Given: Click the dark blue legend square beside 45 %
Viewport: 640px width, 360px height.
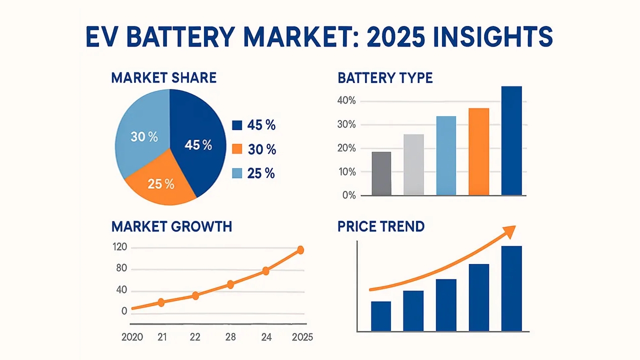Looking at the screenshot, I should click(237, 125).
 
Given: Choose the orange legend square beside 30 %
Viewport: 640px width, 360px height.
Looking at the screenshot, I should click(237, 149).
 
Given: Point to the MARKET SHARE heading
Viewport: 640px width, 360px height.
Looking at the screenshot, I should click(163, 78).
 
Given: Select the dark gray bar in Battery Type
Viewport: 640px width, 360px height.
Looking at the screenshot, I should click(381, 173).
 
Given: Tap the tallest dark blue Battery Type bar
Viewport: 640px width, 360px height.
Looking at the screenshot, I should click(511, 140).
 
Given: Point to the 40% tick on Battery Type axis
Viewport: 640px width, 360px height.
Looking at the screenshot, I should click(345, 101).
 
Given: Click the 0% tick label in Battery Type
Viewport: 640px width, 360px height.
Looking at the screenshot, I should click(348, 195).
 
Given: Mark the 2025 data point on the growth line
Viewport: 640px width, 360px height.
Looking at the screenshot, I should click(300, 250).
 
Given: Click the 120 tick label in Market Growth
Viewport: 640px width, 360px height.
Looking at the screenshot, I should click(121, 247).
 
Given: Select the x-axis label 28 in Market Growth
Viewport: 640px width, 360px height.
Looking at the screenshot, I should click(230, 337).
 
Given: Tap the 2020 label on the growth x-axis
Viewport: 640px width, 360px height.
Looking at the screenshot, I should click(132, 337).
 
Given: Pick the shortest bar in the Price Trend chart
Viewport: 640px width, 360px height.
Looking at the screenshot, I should click(381, 316).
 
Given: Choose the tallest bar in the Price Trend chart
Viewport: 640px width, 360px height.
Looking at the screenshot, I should click(511, 288).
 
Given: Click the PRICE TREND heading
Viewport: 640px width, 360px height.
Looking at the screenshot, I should click(381, 226).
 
